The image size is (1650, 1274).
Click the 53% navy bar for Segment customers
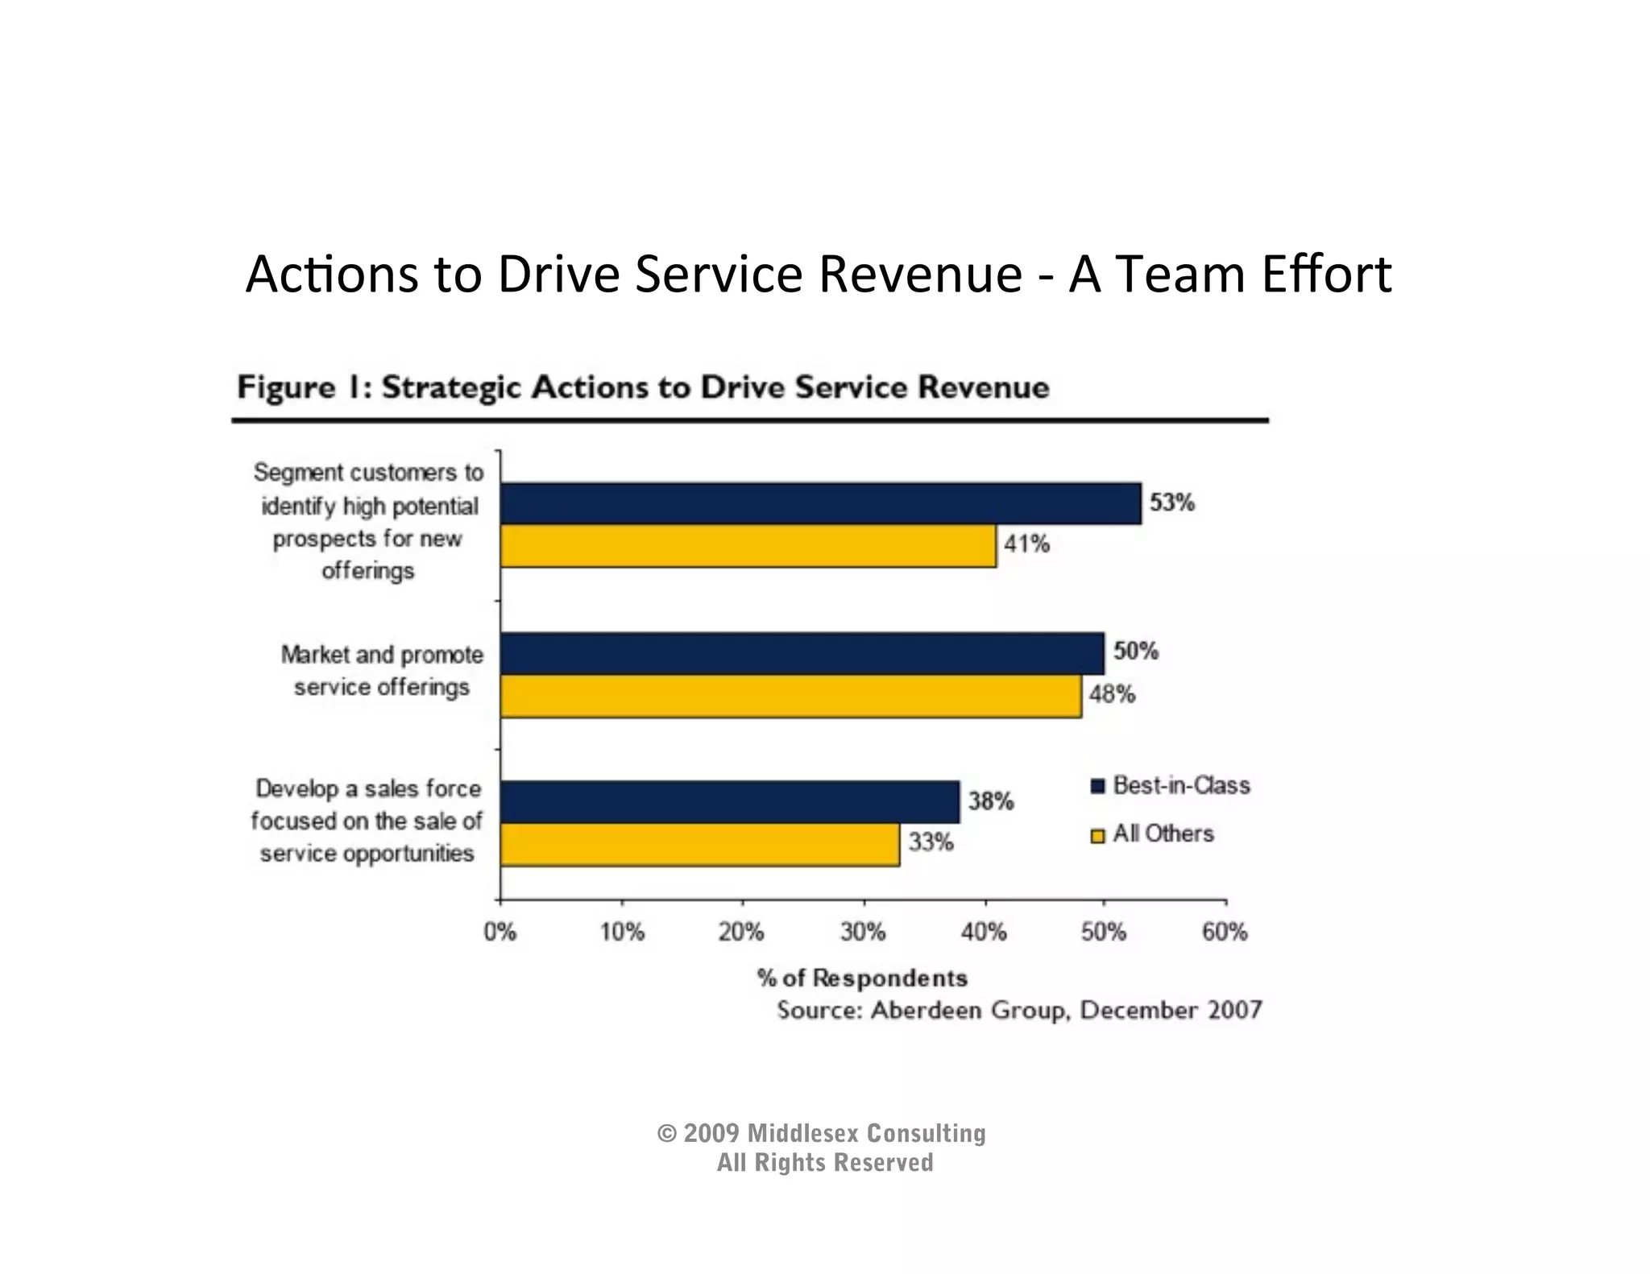click(x=820, y=504)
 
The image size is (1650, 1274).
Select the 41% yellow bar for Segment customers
click(x=748, y=546)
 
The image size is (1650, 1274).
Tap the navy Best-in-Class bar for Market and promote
click(x=802, y=653)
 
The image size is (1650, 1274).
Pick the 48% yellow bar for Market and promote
click(x=790, y=696)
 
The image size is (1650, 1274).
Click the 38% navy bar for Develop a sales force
click(x=729, y=802)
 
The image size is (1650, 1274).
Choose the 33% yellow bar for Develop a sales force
click(x=699, y=844)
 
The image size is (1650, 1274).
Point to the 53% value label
click(x=1171, y=503)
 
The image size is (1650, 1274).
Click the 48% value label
click(x=1112, y=694)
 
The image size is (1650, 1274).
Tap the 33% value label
click(x=931, y=842)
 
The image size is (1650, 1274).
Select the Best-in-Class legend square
click(x=1097, y=787)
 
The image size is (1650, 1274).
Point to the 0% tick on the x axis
click(x=500, y=933)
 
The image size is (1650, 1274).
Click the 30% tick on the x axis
click(x=863, y=933)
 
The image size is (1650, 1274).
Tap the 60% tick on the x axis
click(x=1225, y=933)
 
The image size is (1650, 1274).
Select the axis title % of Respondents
click(x=862, y=978)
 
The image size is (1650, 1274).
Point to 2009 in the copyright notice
click(x=711, y=1134)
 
